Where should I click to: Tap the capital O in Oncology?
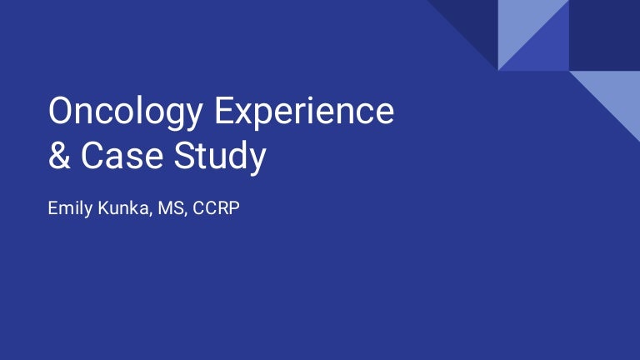62,112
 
